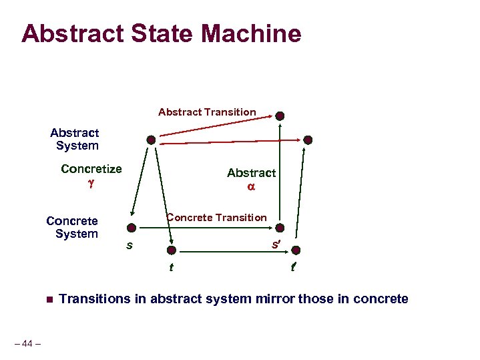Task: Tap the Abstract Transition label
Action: tap(207, 112)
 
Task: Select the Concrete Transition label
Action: tap(216, 216)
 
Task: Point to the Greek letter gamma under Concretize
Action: tap(91, 182)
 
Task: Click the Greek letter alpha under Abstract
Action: tap(251, 187)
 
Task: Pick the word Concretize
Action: tap(91, 168)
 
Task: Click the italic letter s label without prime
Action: tap(129, 245)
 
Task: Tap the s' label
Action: tap(275, 244)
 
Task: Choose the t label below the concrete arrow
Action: tap(172, 268)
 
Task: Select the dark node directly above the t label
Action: tap(172, 250)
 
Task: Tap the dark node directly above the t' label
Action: tap(296, 250)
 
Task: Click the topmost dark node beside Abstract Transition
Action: tap(280, 116)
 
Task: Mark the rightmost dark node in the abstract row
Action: tap(308, 140)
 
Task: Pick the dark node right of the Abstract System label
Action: tap(152, 140)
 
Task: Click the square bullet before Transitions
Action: tap(47, 299)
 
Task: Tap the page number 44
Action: tap(27, 343)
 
